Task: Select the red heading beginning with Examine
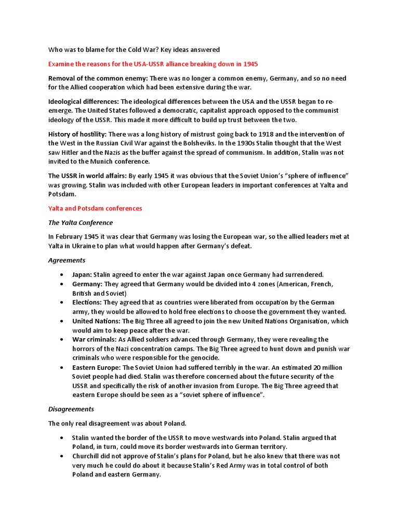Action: pyautogui.click(x=153, y=64)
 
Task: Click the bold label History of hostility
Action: pyautogui.click(x=77, y=134)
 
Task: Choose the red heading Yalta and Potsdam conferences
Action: pyautogui.click(x=95, y=208)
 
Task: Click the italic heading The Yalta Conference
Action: pyautogui.click(x=81, y=222)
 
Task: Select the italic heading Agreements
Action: pyautogui.click(x=67, y=260)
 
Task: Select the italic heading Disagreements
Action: pyautogui.click(x=71, y=409)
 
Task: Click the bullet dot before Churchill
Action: pyautogui.click(x=62, y=456)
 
